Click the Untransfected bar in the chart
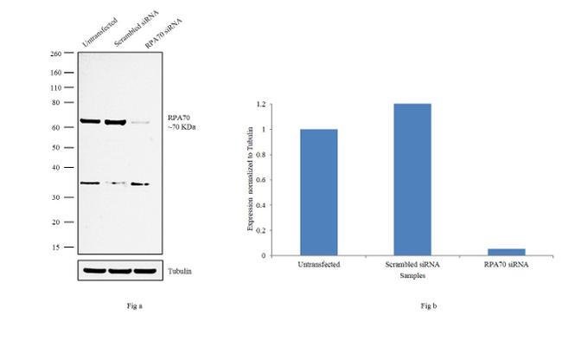pos(319,192)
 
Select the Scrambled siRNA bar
pos(412,179)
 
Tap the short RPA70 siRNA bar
pos(505,252)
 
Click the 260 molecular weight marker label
pos(55,54)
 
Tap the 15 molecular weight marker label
pos(57,247)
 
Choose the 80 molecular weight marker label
pos(57,102)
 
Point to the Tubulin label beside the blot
pos(180,271)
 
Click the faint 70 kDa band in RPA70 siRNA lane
pos(141,123)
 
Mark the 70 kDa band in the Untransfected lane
pos(90,121)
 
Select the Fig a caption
pos(121,306)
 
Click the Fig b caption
pos(429,306)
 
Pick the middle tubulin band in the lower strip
pos(118,270)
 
